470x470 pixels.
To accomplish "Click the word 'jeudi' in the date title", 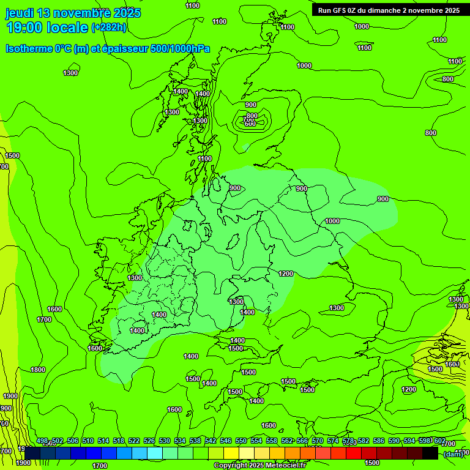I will click(19, 13).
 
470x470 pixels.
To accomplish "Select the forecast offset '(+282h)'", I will click(109, 28).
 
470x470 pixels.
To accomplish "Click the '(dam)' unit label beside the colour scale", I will click(453, 453).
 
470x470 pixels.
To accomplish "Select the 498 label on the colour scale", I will click(42, 441).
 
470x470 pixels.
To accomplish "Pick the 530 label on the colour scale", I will click(165, 441).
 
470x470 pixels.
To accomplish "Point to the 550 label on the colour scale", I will click(241, 441).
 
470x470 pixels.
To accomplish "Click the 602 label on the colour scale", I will click(440, 441).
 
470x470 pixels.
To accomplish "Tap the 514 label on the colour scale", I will click(103, 441).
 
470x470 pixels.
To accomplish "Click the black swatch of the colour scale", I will click(430, 453).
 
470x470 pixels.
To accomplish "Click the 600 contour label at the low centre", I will click(250, 124).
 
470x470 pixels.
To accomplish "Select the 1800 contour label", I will click(38, 370).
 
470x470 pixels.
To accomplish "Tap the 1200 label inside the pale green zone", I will click(286, 274).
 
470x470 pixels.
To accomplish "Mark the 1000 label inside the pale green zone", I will click(332, 221).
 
